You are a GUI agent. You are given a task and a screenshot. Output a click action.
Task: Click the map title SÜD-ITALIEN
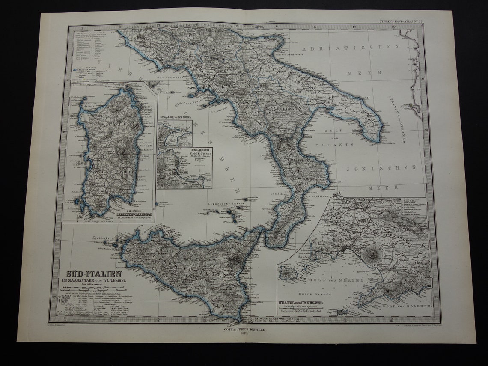[94, 274]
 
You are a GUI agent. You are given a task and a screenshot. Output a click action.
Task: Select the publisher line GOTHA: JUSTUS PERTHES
[244, 330]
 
